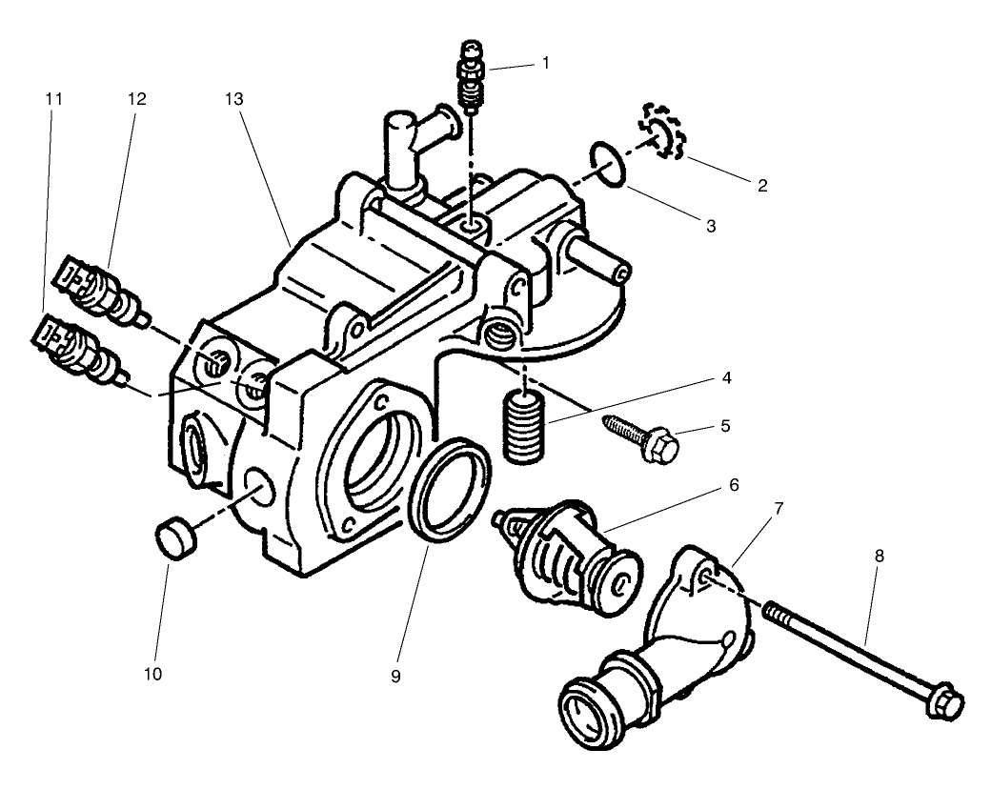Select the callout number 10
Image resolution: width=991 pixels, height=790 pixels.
[153, 674]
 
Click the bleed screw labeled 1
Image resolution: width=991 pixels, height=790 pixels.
[472, 74]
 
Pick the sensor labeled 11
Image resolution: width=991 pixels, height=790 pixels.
[75, 347]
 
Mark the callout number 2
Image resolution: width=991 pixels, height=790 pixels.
[761, 186]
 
